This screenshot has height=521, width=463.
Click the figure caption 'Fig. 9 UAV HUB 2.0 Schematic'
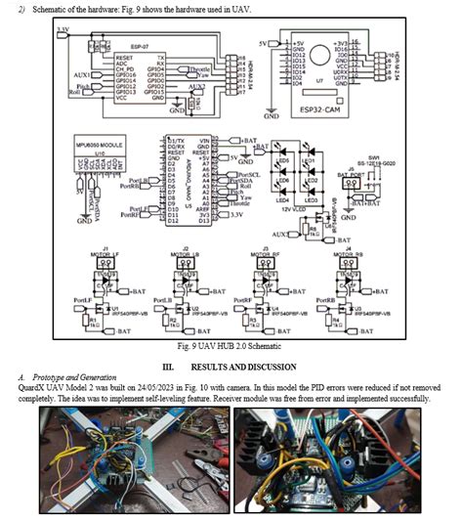coord(231,344)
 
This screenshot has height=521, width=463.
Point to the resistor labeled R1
coord(93,320)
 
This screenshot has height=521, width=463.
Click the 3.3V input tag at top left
coord(63,30)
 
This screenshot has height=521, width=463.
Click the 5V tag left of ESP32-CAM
coord(264,44)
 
